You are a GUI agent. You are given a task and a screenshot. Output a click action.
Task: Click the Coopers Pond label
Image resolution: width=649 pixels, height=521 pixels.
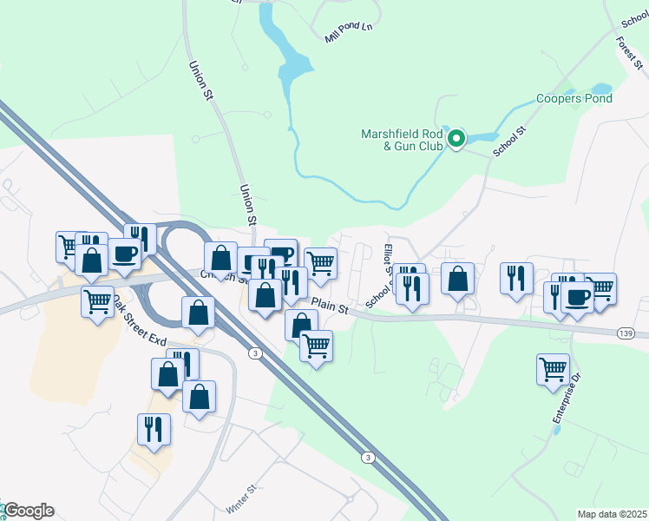pyautogui.click(x=574, y=98)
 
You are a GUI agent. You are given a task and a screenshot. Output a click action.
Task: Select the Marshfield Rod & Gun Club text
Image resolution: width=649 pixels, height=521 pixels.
pyautogui.click(x=403, y=140)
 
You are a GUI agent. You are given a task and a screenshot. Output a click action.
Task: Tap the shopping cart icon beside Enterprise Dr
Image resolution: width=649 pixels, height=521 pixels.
pyautogui.click(x=553, y=369)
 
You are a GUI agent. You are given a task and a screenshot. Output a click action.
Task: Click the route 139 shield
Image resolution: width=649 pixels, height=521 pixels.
pyautogui.click(x=625, y=333)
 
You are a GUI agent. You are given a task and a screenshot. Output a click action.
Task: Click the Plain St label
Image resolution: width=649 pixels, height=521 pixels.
pyautogui.click(x=330, y=307)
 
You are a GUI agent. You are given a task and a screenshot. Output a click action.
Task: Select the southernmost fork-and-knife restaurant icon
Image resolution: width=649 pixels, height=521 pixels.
pyautogui.click(x=154, y=428)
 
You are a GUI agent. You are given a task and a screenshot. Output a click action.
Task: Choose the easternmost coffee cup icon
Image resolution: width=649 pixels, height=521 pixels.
pyautogui.click(x=577, y=296)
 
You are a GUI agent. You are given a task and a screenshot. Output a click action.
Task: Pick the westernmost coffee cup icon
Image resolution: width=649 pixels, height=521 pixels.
pyautogui.click(x=124, y=253)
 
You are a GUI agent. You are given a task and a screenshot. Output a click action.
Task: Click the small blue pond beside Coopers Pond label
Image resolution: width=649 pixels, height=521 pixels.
pyautogui.click(x=600, y=88)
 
